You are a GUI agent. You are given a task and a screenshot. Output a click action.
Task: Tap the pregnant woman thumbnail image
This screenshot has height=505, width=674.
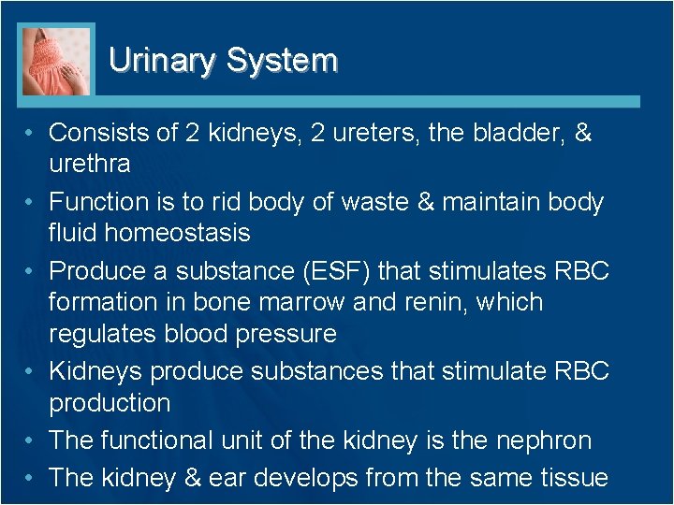[x=57, y=61]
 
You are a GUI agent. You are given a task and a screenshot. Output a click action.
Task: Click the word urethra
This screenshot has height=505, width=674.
[x=89, y=164]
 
